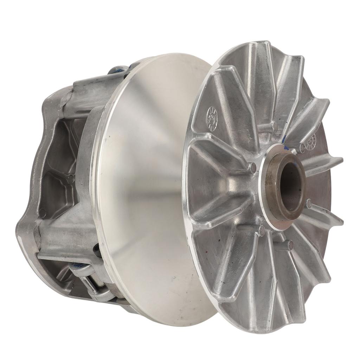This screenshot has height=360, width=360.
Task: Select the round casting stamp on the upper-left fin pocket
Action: click(x=212, y=118)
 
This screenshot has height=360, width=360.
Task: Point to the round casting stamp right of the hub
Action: click(x=311, y=141)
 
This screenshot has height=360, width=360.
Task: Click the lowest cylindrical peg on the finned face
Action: click(x=289, y=245)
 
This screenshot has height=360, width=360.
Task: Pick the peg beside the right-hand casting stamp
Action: click(x=302, y=148)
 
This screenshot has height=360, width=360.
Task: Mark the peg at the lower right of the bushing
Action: click(x=309, y=203)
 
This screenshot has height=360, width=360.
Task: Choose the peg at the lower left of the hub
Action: click(x=262, y=230)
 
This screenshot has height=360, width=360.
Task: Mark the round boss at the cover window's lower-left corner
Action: click(x=43, y=213)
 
